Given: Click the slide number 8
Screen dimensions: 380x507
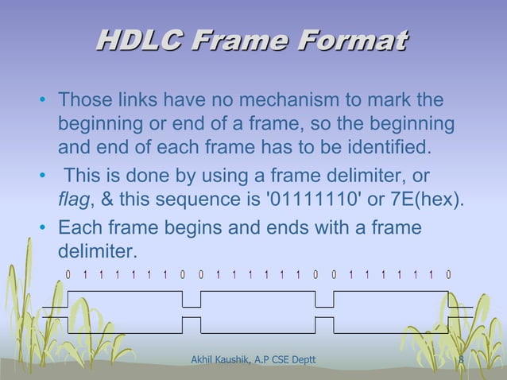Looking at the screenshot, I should pyautogui.click(x=461, y=363).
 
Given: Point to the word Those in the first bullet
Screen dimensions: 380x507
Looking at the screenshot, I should pyautogui.click(x=83, y=102).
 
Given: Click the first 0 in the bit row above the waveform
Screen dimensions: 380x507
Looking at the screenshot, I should pyautogui.click(x=68, y=275).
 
